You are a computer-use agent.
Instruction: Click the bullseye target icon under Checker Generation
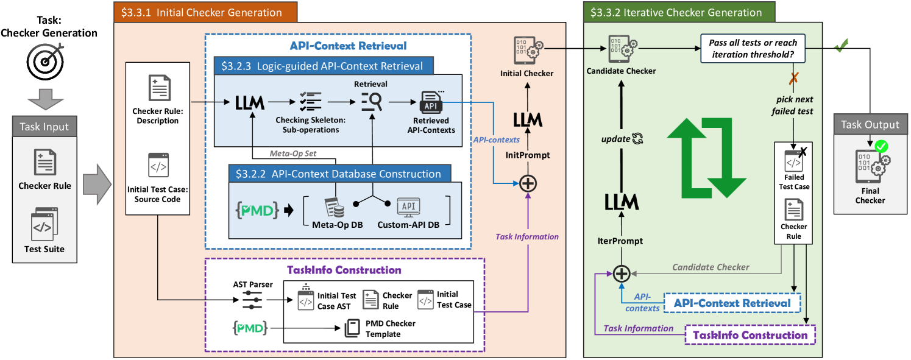[x=44, y=63]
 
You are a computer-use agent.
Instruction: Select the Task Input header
[x=44, y=127]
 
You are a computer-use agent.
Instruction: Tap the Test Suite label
[x=44, y=249]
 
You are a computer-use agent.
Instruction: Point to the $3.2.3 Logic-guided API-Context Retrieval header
[x=323, y=66]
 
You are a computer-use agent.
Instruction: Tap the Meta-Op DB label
[x=333, y=225]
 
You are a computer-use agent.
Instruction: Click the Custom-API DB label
[x=406, y=225]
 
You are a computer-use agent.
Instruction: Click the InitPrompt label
[x=528, y=155]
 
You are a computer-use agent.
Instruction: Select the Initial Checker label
[x=527, y=74]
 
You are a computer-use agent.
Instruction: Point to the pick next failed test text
[x=795, y=105]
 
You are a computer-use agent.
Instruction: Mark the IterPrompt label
[x=620, y=241]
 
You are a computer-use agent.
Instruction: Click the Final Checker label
[x=870, y=196]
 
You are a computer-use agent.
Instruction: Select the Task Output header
[x=870, y=124]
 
